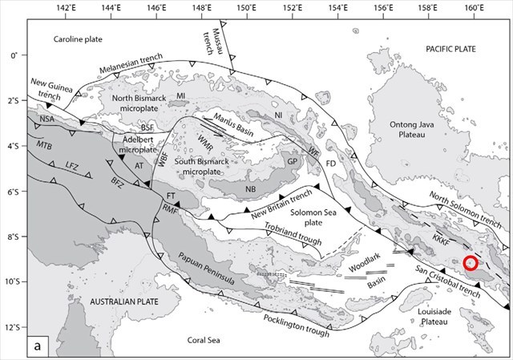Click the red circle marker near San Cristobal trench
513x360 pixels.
[x=471, y=262]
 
